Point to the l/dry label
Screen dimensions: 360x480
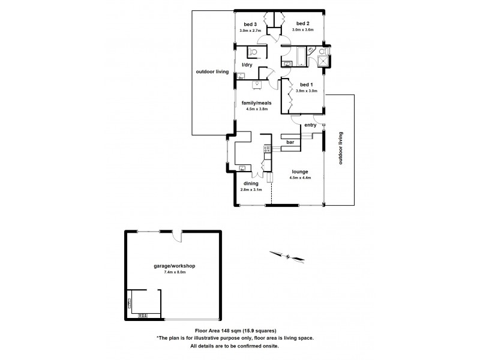[247, 65]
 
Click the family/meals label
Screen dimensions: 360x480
[254, 103]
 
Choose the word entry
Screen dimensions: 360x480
[310, 125]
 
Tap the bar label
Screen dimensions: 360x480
[290, 142]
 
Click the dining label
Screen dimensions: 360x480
[251, 184]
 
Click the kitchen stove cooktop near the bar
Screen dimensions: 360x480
[267, 148]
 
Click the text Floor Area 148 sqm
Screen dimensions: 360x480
[221, 330]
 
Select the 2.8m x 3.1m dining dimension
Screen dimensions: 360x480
[251, 190]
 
